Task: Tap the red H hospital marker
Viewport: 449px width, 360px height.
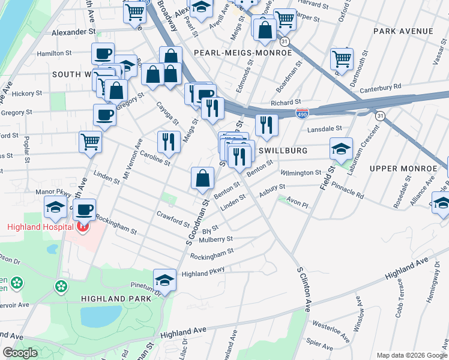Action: click(83, 226)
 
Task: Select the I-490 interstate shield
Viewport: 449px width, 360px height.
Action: click(303, 114)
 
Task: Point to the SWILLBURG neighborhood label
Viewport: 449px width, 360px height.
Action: click(283, 151)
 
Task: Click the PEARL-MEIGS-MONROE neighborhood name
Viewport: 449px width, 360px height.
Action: click(243, 53)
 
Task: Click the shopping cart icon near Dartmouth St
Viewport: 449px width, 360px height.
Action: click(342, 58)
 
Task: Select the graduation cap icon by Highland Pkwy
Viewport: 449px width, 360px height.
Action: click(164, 280)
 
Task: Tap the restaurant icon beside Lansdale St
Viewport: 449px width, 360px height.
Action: click(266, 124)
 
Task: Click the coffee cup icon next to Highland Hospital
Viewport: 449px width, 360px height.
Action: click(85, 209)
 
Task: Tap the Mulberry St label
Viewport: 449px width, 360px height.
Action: click(217, 239)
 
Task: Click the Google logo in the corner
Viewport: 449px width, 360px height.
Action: click(20, 353)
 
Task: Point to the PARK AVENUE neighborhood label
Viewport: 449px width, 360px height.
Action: click(403, 31)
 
